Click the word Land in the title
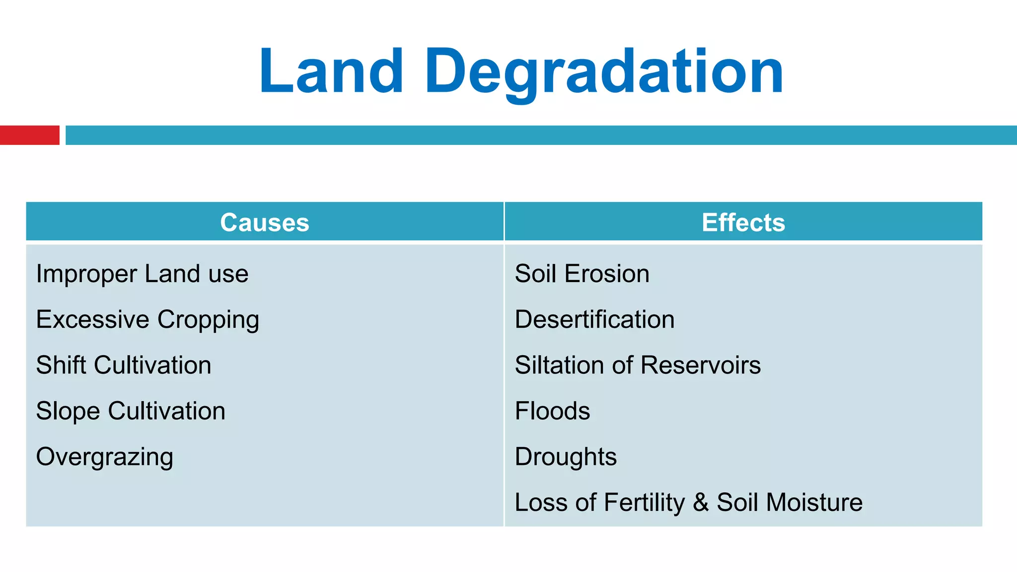[x=331, y=71]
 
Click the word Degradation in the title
[x=604, y=71]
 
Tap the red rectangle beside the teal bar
[x=29, y=135]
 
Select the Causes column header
[x=265, y=222]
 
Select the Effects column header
[x=743, y=222]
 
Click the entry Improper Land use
[x=142, y=274]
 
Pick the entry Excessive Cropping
[x=147, y=320]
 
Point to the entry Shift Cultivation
[x=124, y=365]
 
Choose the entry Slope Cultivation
[x=131, y=411]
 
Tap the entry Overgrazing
[x=105, y=457]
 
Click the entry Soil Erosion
[x=582, y=274]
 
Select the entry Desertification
[x=594, y=320]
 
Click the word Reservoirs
[x=701, y=365]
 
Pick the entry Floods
[x=552, y=411]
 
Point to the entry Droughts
[x=566, y=457]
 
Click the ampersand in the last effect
[x=701, y=502]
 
